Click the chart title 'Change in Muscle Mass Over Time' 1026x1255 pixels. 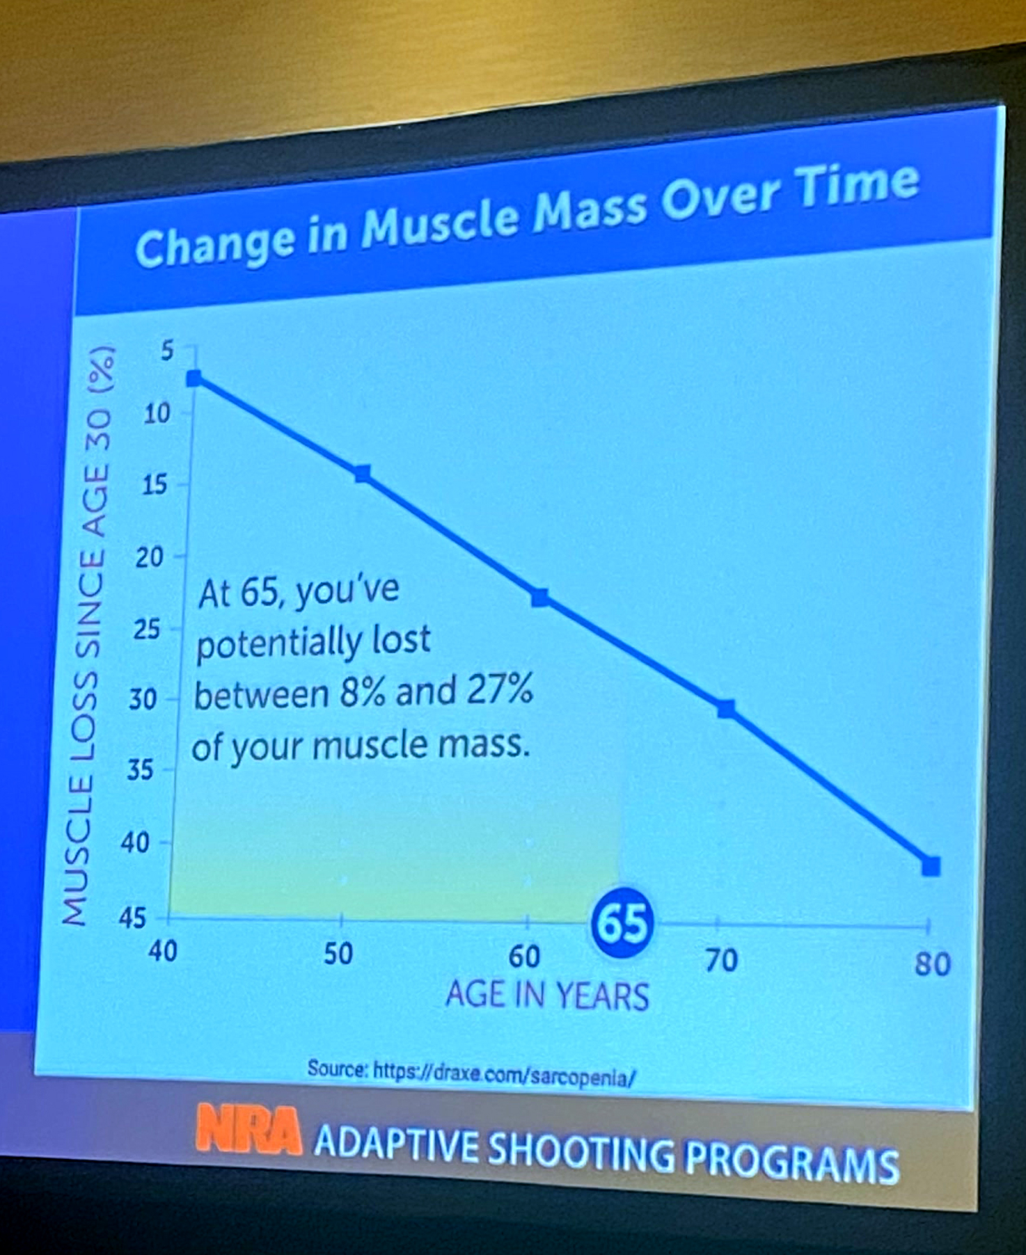(x=527, y=215)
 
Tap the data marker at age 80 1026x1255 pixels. (x=931, y=866)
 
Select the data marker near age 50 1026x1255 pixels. (x=362, y=474)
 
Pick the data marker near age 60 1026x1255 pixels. (x=539, y=597)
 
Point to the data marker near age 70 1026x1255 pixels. (x=726, y=709)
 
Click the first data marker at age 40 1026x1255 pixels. (x=194, y=378)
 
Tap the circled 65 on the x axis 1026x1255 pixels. (x=622, y=925)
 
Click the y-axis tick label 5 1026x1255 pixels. (x=166, y=351)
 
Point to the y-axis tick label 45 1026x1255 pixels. (x=133, y=918)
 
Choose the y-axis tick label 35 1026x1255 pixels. (x=139, y=769)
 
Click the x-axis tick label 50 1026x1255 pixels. (x=339, y=954)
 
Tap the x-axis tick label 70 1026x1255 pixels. (x=721, y=961)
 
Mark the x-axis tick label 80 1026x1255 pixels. (x=932, y=964)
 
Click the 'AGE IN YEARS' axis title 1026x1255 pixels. (x=547, y=994)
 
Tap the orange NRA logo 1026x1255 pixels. (x=248, y=1129)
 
